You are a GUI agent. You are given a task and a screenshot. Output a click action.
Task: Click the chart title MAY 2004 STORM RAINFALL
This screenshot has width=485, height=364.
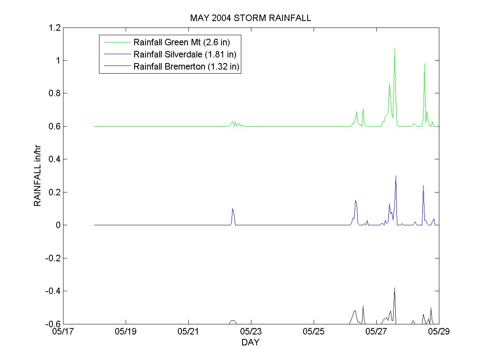pyautogui.click(x=251, y=18)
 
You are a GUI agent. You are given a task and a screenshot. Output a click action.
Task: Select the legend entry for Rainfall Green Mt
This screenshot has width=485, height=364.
pyautogui.click(x=181, y=42)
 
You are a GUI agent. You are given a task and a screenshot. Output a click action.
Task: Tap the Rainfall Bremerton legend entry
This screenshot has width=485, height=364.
pyautogui.click(x=187, y=67)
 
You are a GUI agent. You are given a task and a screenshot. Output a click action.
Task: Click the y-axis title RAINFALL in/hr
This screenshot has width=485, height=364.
pyautogui.click(x=38, y=176)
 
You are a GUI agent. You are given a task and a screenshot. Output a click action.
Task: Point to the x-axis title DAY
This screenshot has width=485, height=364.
pyautogui.click(x=250, y=343)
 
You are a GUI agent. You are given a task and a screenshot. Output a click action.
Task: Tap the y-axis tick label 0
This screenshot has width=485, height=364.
pyautogui.click(x=58, y=225)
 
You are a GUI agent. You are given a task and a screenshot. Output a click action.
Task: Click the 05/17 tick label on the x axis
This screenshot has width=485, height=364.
pyautogui.click(x=63, y=332)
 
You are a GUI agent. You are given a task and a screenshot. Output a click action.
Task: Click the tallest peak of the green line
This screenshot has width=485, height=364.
pyautogui.click(x=394, y=49)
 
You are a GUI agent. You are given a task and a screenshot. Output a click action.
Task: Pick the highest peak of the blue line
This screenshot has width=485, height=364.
pyautogui.click(x=396, y=176)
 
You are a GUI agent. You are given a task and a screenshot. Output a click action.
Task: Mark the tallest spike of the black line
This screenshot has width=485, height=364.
pyautogui.click(x=394, y=288)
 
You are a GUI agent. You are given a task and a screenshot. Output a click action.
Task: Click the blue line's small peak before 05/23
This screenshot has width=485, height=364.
pyautogui.click(x=232, y=209)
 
